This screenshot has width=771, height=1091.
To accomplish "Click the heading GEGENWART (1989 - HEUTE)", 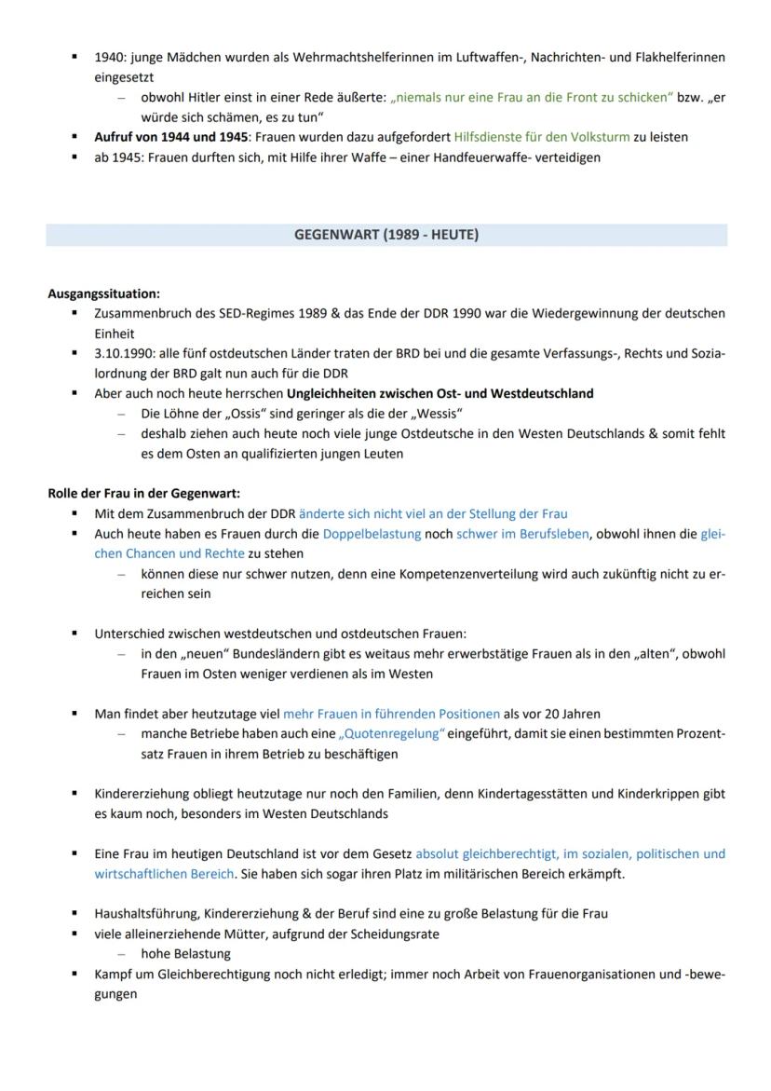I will click(x=386, y=235).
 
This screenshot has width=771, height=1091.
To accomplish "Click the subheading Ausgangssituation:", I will click(x=104, y=294).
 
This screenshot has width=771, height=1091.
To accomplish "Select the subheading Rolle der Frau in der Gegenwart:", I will click(x=143, y=494).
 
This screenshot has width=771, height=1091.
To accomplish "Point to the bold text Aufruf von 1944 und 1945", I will click(x=164, y=137).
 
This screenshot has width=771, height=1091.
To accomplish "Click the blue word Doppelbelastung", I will click(x=372, y=534).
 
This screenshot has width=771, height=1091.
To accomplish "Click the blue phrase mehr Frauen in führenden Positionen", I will click(x=391, y=715).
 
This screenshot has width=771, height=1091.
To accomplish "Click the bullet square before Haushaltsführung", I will click(x=74, y=913).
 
